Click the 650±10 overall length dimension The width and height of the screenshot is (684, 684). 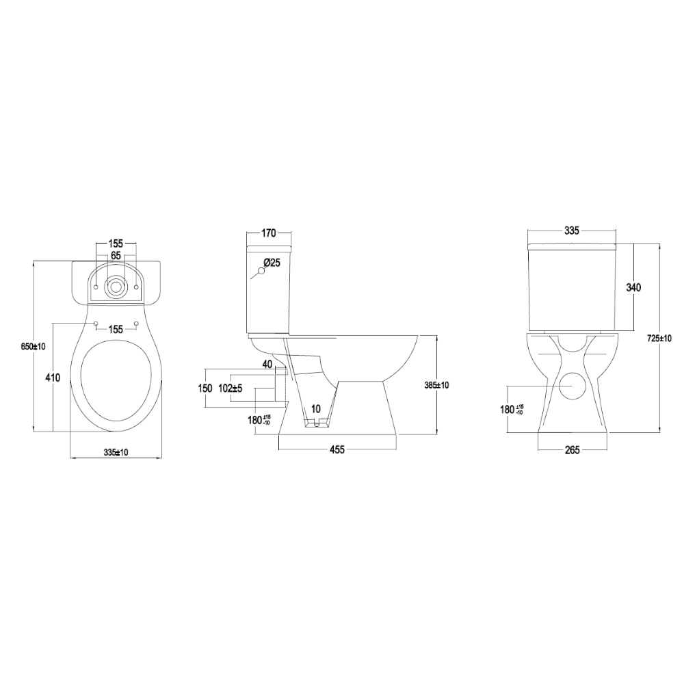pos(33,346)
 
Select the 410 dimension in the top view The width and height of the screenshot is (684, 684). pos(53,378)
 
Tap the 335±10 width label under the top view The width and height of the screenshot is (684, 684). pos(116,452)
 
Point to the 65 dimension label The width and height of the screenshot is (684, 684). pos(116,256)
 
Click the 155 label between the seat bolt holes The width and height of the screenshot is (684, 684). pos(116,330)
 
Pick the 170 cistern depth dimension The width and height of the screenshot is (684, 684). pos(269,233)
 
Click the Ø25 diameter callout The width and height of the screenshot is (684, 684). pos(272,263)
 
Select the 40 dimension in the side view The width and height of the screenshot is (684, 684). pos(267,364)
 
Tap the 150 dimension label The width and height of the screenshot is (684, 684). pos(205,389)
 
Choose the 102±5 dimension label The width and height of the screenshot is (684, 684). pos(231,389)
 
